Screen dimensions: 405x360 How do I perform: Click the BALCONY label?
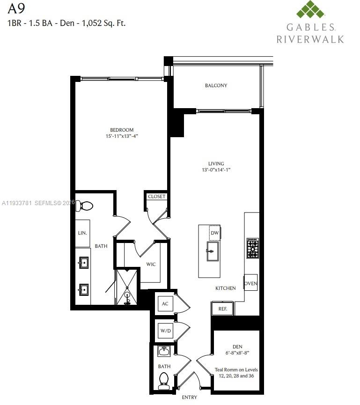point(216,86)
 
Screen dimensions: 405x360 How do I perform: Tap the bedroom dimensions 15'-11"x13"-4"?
point(122,136)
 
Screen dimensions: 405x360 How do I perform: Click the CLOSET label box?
point(156,197)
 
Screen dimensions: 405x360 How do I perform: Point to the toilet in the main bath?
point(86,206)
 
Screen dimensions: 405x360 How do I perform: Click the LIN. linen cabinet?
point(82,233)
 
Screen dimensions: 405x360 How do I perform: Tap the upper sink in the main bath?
point(84,263)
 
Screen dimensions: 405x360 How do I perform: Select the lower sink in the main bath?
point(84,290)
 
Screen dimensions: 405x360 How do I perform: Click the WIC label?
point(151,265)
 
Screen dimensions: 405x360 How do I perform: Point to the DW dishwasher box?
point(215,233)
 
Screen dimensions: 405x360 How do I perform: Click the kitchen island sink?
point(213,251)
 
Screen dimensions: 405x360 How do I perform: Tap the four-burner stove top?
point(253,248)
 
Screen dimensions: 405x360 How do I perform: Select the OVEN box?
point(250,283)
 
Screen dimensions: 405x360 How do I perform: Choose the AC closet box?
point(165,304)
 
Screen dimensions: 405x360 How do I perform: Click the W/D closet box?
point(165,331)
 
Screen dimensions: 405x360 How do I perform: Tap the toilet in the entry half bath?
point(164,380)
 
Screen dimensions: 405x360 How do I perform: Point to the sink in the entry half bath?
point(164,351)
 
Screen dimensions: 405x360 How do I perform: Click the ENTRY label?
point(189,398)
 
